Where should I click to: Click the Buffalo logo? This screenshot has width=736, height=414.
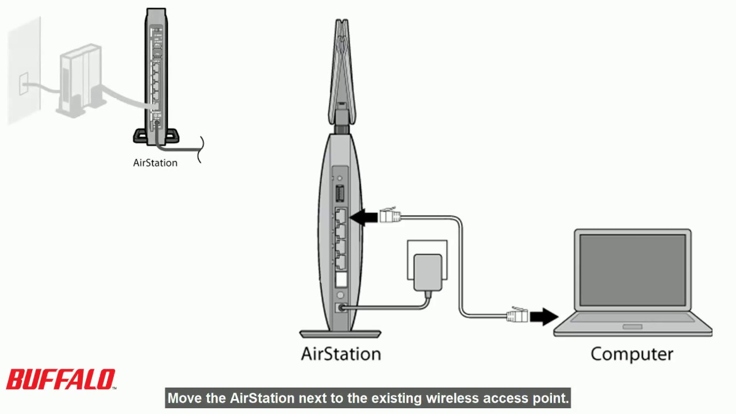click(x=60, y=380)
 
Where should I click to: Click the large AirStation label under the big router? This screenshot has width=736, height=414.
click(x=341, y=353)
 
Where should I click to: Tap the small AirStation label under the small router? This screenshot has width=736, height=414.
click(x=155, y=163)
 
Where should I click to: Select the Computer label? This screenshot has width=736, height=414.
click(x=631, y=353)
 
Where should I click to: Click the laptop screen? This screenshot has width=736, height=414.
click(x=632, y=270)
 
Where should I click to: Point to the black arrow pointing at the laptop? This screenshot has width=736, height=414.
click(x=543, y=316)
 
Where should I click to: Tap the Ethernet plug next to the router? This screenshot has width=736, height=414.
click(x=389, y=216)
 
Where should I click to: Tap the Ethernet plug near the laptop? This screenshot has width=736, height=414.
click(x=517, y=315)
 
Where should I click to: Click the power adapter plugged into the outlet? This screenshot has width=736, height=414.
click(x=427, y=273)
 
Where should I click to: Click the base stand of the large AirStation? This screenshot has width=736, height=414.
click(x=340, y=334)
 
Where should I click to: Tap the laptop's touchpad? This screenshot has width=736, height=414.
click(x=632, y=327)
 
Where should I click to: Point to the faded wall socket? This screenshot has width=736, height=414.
click(x=24, y=84)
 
